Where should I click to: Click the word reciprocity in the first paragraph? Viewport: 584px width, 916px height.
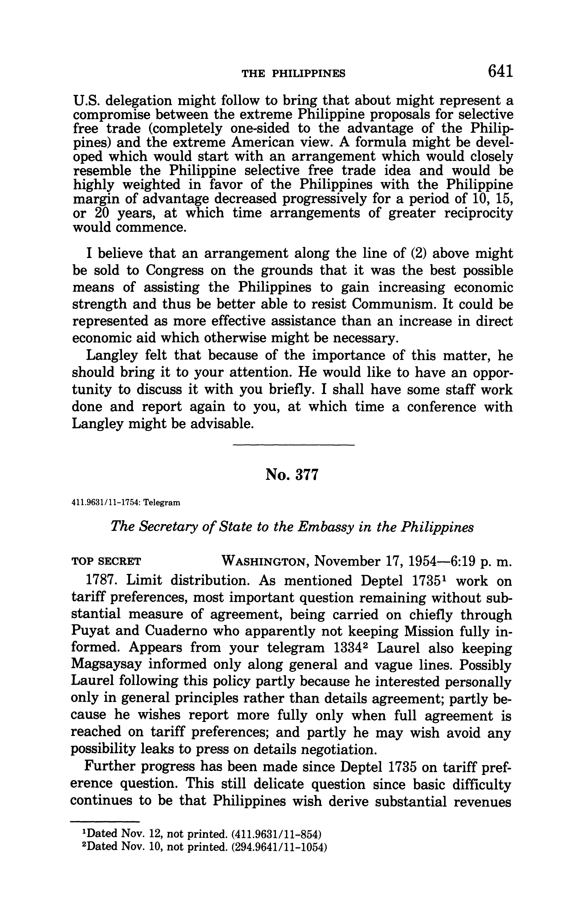coord(478,213)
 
